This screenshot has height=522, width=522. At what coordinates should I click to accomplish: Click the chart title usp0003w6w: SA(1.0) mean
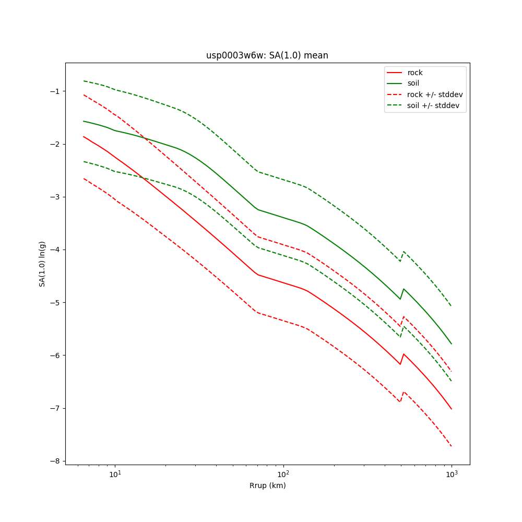267,55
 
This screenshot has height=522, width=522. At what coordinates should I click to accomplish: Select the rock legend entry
415,73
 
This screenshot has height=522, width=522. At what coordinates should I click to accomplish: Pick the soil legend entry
413,83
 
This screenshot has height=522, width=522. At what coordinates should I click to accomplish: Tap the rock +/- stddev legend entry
435,94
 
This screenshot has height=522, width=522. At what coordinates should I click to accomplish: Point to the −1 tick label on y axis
54,91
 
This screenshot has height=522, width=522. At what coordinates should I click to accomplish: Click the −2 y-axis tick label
54,144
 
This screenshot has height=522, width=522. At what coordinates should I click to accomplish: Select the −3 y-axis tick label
54,197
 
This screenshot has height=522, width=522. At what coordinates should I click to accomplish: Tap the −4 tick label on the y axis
54,250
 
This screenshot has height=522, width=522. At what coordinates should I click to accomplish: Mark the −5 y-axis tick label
54,302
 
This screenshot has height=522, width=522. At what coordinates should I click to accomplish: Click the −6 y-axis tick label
54,355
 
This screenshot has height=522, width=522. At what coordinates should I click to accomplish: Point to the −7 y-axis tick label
54,408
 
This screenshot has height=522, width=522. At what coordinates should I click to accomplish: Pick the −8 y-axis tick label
54,461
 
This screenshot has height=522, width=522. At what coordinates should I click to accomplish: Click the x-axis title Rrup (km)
267,485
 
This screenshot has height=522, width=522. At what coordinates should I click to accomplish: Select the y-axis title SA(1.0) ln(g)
42,263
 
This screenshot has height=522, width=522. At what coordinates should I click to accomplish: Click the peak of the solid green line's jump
404,289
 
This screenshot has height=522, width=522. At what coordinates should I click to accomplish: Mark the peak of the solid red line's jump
404,354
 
